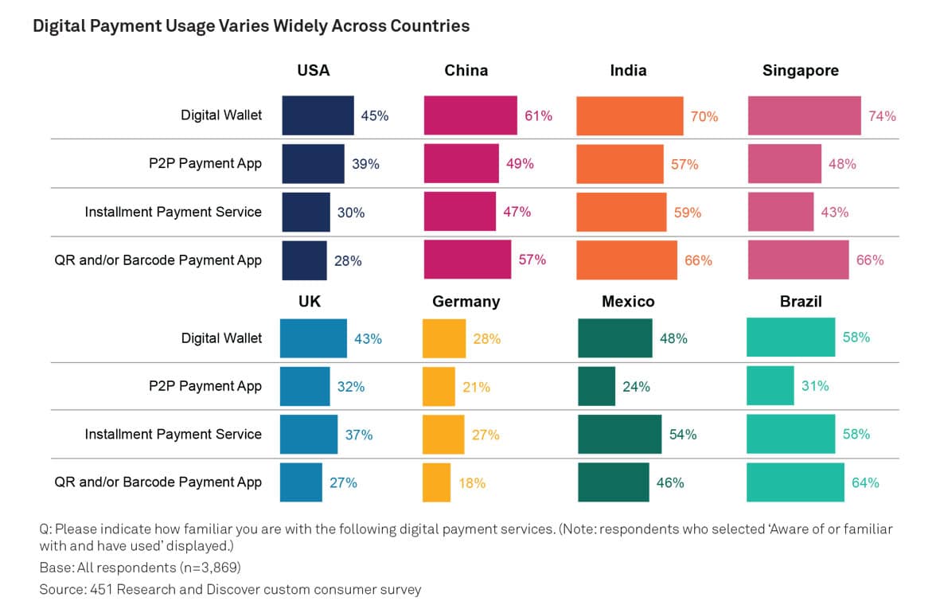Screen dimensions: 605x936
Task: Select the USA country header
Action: click(313, 71)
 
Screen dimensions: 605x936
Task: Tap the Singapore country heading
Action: click(800, 71)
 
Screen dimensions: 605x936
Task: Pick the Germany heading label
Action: click(466, 302)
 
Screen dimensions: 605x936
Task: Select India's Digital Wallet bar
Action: click(629, 116)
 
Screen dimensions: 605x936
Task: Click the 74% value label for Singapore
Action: click(882, 116)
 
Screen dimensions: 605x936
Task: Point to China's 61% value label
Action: click(538, 116)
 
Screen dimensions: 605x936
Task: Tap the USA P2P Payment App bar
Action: click(313, 164)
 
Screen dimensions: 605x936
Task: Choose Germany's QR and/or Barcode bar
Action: click(436, 482)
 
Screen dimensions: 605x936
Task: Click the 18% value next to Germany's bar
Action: click(472, 482)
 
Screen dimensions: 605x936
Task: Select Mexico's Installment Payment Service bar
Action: click(619, 435)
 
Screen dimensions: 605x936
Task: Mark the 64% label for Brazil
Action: click(865, 482)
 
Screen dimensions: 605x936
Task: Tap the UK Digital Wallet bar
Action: click(313, 338)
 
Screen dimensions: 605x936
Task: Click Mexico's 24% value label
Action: click(636, 387)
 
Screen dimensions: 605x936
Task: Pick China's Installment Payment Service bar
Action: click(459, 212)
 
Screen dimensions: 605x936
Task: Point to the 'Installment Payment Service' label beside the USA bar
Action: click(173, 213)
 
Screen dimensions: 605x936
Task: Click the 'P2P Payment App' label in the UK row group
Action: click(205, 387)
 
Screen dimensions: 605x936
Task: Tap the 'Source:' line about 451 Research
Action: click(230, 590)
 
